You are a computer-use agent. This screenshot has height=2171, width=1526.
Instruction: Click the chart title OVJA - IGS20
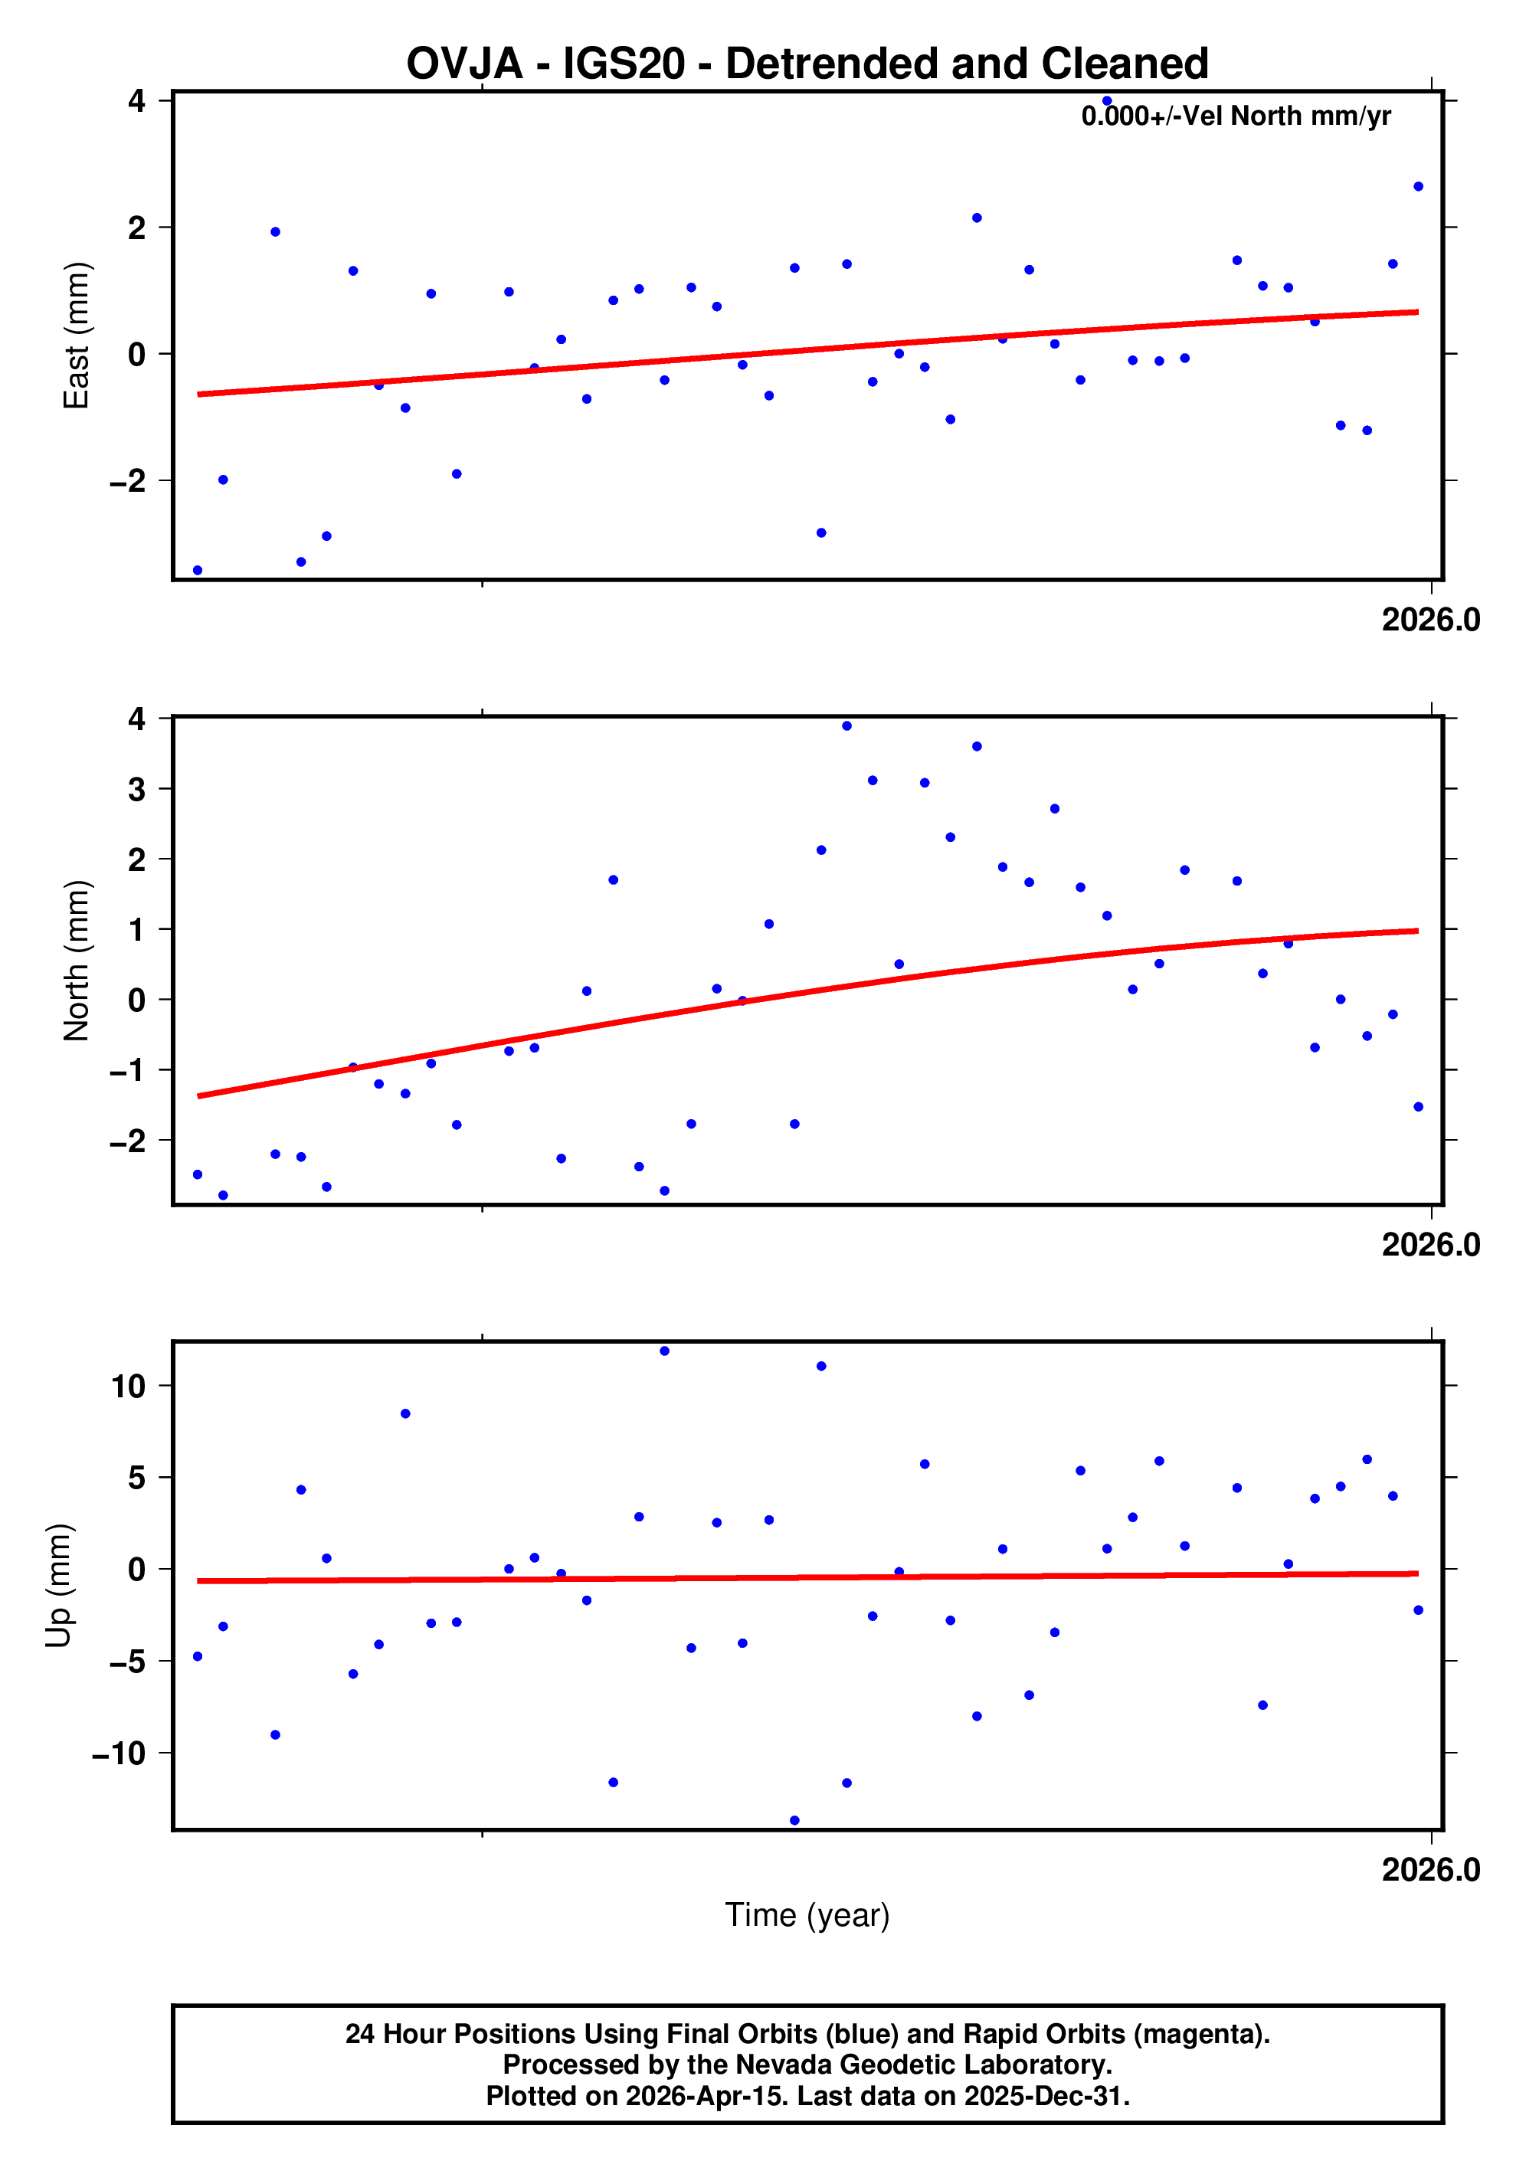click(x=807, y=64)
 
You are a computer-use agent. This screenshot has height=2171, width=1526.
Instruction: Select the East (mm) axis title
click(x=76, y=336)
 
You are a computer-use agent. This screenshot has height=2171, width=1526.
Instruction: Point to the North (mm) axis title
click(x=76, y=961)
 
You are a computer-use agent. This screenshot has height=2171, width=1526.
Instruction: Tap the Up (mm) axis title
click(x=59, y=1586)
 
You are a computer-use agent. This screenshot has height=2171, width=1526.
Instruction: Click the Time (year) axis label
click(x=807, y=1914)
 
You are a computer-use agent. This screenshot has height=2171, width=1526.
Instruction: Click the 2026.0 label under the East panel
click(x=1429, y=621)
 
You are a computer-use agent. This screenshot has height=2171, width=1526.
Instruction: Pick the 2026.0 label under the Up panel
click(x=1429, y=1869)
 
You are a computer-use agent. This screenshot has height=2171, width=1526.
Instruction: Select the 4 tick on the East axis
click(x=136, y=100)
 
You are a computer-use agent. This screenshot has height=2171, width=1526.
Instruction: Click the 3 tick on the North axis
click(x=136, y=788)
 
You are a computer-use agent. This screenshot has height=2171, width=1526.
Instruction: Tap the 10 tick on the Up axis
click(x=128, y=1387)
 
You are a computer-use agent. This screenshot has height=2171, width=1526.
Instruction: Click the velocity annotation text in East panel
click(x=1235, y=116)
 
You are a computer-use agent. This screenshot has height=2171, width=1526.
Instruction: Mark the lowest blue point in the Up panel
click(x=794, y=1820)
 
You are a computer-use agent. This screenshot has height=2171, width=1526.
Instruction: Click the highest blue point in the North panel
click(x=847, y=726)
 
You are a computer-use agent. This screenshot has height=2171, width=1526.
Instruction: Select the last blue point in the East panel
click(x=1417, y=187)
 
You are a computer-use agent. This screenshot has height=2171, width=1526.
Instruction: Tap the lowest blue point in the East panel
click(x=198, y=570)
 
